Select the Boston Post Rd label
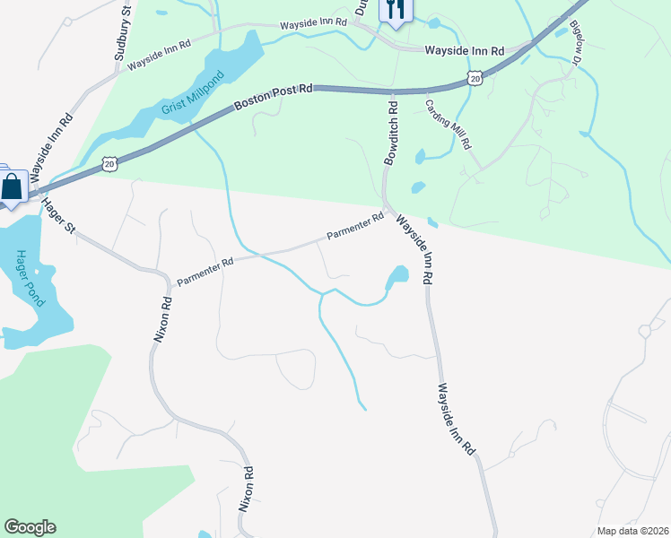tap(274, 97)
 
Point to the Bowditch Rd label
tap(391, 132)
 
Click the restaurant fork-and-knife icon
tap(395, 9)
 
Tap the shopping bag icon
tap(13, 187)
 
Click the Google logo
tap(30, 527)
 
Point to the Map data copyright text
tap(633, 531)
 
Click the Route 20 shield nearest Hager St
tap(109, 164)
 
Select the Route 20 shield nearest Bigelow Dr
tap(475, 80)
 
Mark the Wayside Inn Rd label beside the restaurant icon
tap(465, 51)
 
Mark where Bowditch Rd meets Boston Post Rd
tap(392, 91)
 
